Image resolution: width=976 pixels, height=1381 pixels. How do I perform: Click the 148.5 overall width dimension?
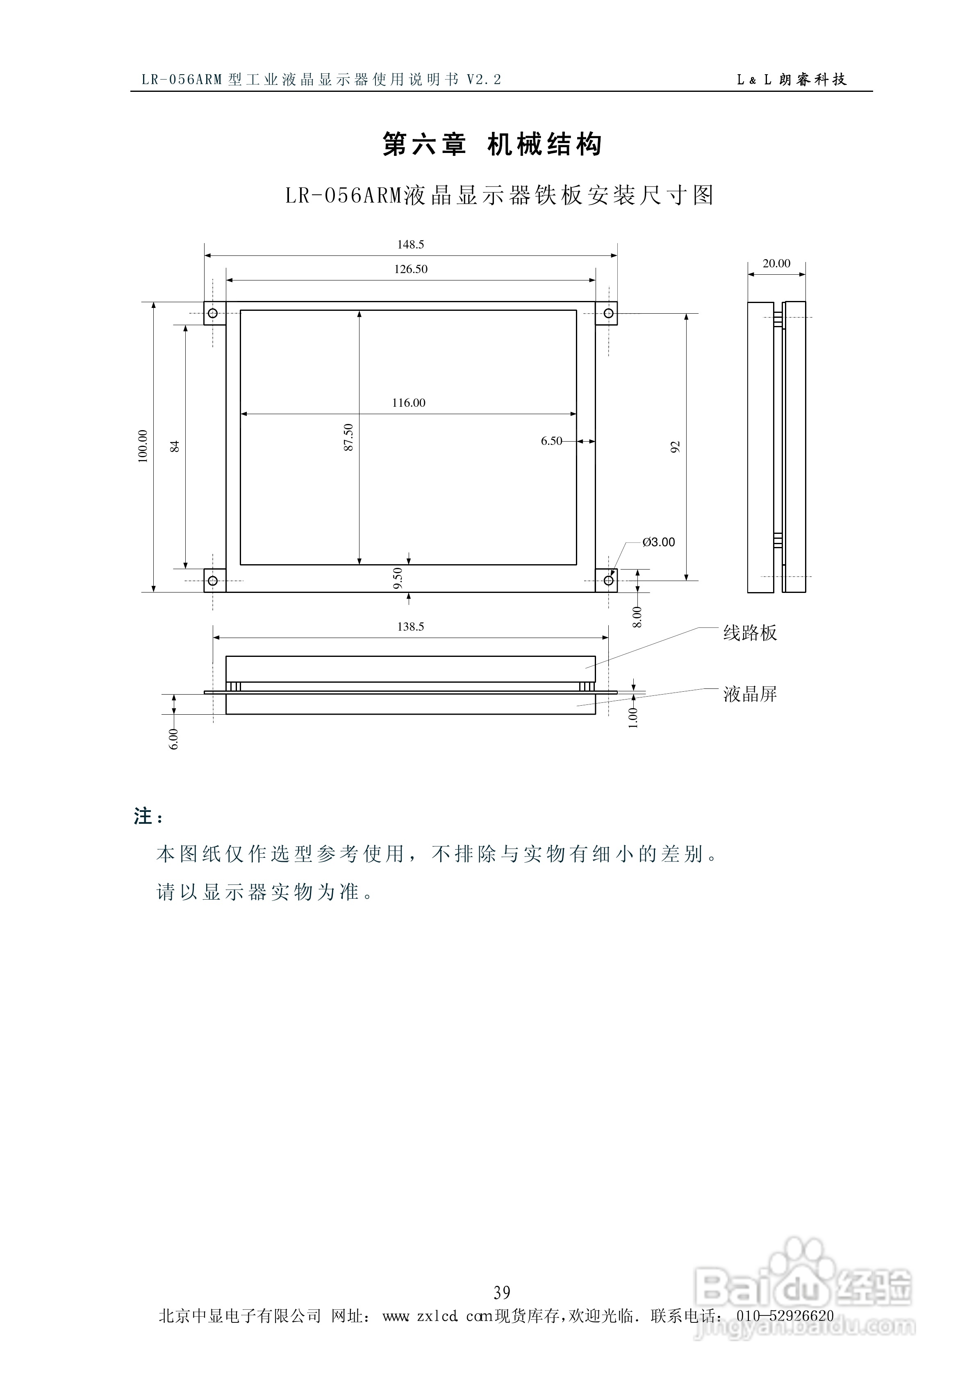pyautogui.click(x=410, y=244)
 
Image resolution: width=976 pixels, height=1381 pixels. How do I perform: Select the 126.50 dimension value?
pyautogui.click(x=411, y=269)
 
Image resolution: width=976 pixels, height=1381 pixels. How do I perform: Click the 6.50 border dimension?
pyautogui.click(x=551, y=441)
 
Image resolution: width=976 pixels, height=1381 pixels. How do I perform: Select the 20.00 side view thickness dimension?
pyautogui.click(x=776, y=264)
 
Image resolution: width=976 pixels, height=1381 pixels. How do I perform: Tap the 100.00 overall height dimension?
pyautogui.click(x=143, y=446)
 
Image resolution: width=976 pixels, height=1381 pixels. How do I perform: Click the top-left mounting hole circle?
pyautogui.click(x=212, y=313)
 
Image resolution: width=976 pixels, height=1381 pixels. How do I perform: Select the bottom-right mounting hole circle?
pyautogui.click(x=609, y=581)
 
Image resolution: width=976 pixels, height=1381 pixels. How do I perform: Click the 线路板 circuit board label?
pyautogui.click(x=750, y=633)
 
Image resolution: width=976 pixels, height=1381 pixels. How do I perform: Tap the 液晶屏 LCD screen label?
pyautogui.click(x=750, y=694)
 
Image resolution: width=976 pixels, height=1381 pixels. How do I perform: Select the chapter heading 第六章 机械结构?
pyautogui.click(x=492, y=144)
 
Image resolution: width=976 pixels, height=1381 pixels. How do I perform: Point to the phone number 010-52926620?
pyautogui.click(x=785, y=1316)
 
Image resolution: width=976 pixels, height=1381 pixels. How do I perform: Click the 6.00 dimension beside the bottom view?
pyautogui.click(x=173, y=738)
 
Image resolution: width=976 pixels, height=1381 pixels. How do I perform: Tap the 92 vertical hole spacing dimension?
pyautogui.click(x=675, y=447)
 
